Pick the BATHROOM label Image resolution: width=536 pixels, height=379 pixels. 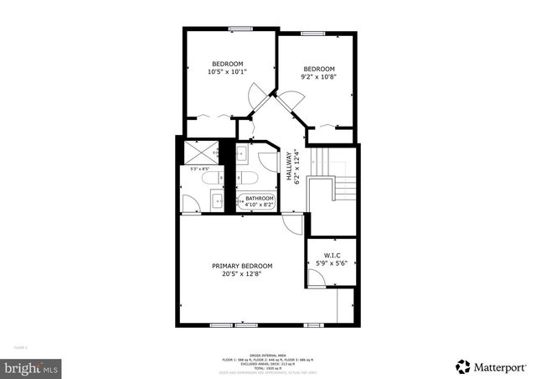[260, 198]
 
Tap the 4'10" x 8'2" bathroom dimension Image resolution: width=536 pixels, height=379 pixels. [260, 205]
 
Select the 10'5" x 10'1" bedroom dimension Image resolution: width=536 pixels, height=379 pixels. [227, 72]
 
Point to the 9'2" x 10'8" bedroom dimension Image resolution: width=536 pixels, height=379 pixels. [318, 77]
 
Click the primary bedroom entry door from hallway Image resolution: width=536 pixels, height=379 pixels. [291, 224]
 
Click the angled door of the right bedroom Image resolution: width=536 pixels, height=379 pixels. [292, 100]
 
